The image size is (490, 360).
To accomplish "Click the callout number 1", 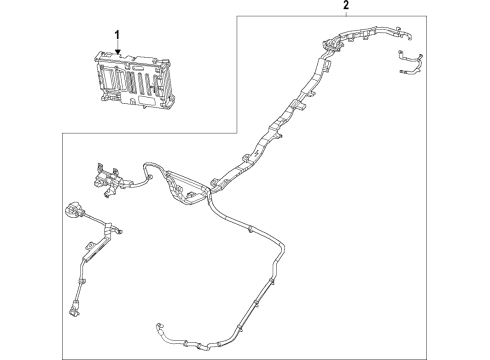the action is (117, 35).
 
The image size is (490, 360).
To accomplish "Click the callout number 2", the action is (346, 7).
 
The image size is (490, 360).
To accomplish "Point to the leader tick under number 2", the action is (346, 15).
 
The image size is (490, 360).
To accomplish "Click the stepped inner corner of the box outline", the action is (236, 132).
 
